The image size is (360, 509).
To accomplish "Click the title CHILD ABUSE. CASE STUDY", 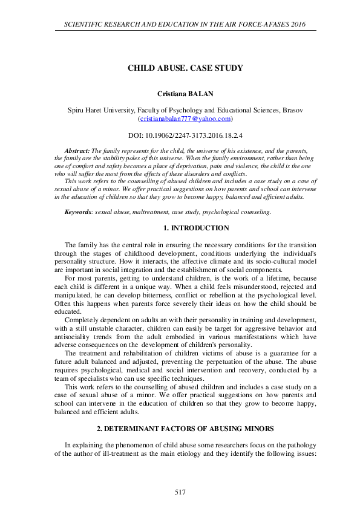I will click(185, 68).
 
